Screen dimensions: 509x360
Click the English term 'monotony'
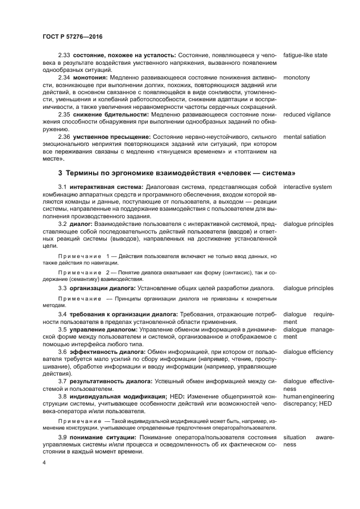[x=297, y=77]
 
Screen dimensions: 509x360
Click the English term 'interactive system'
[x=307, y=187]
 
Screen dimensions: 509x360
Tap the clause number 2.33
[x=65, y=55]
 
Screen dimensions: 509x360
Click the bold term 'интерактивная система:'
[x=106, y=187]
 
